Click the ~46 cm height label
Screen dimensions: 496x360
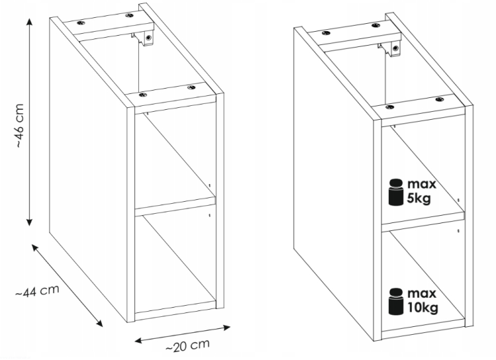(x=19, y=125)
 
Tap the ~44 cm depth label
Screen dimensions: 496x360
(x=37, y=291)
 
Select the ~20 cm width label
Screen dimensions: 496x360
(x=187, y=345)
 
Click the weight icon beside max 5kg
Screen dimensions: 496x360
(x=395, y=192)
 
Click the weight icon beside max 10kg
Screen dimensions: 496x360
(x=395, y=301)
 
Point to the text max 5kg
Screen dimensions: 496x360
(x=421, y=191)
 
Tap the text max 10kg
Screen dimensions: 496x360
(x=423, y=300)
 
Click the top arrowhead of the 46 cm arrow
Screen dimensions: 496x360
(x=29, y=22)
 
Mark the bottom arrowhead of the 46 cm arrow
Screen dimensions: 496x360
(x=29, y=222)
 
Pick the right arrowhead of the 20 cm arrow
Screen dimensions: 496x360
(x=227, y=328)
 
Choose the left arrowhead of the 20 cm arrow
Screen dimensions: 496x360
(x=139, y=341)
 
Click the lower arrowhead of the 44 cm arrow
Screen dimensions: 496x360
(x=100, y=323)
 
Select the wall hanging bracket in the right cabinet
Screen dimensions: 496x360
(x=390, y=48)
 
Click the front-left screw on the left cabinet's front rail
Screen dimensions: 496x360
(x=143, y=95)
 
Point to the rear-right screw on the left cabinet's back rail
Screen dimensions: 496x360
(x=129, y=15)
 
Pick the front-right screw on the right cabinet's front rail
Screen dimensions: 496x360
(x=439, y=99)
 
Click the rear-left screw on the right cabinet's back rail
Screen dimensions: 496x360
(x=326, y=33)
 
